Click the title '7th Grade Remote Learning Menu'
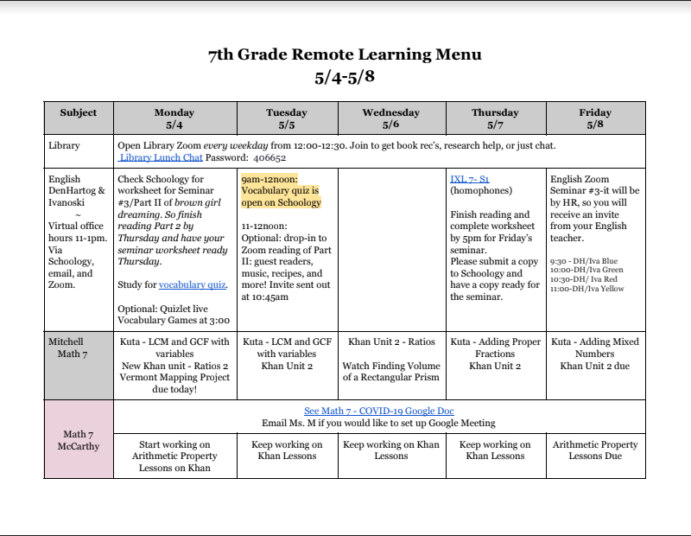coord(345,55)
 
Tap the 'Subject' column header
coord(78,112)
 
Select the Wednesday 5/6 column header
coord(391,118)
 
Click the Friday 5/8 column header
coord(595,118)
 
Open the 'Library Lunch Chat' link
coord(161,158)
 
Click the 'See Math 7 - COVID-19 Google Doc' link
coord(379,411)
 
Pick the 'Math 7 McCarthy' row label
coord(78,440)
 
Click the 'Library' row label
coord(65,146)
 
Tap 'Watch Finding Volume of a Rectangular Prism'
coord(391,371)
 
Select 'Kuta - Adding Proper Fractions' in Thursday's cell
coord(495,348)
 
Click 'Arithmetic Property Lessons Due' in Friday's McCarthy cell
coord(595,450)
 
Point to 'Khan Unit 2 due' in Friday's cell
coord(595,366)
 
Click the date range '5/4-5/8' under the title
coord(345,77)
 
